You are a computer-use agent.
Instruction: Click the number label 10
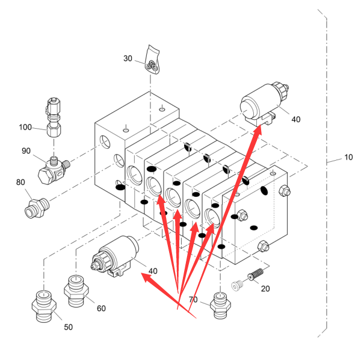click(348, 158)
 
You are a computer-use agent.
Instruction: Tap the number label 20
click(265, 288)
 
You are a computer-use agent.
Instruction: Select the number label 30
click(128, 58)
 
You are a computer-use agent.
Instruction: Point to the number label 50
click(68, 327)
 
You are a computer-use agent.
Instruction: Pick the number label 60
click(101, 308)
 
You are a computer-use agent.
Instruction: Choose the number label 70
click(193, 300)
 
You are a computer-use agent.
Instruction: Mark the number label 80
click(20, 182)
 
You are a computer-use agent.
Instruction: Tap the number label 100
click(25, 127)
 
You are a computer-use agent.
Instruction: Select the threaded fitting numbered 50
click(44, 303)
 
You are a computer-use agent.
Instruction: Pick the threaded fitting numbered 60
click(76, 287)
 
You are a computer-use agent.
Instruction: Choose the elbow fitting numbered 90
click(52, 169)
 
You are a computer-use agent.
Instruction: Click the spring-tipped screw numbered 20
click(255, 275)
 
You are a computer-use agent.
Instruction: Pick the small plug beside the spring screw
click(236, 285)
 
